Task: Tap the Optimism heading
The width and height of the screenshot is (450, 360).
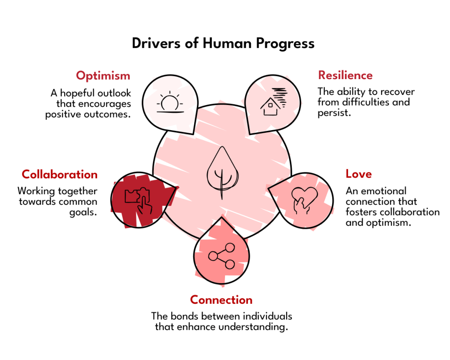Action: [103, 76]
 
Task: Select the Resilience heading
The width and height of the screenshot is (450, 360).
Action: [345, 75]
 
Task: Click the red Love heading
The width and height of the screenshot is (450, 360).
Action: [359, 174]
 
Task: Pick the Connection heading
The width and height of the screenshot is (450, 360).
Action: [221, 300]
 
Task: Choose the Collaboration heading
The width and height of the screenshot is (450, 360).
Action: [60, 175]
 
